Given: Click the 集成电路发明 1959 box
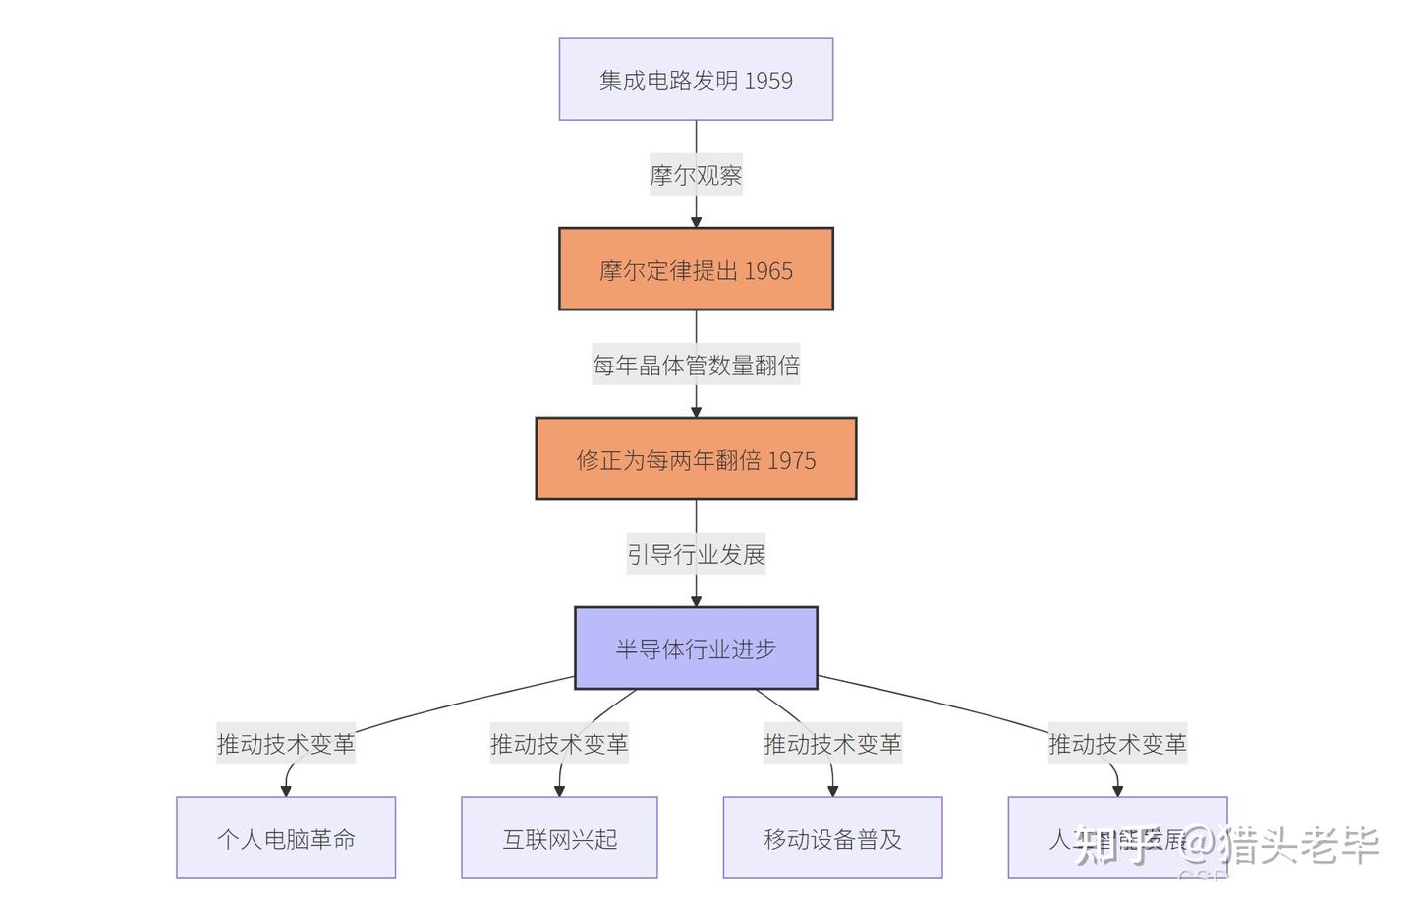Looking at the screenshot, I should pyautogui.click(x=696, y=80).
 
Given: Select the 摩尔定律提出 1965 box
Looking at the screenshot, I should pyautogui.click(x=696, y=269).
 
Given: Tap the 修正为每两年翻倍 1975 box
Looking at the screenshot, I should pyautogui.click(x=696, y=459).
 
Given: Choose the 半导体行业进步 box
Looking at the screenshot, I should pyautogui.click(x=696, y=649).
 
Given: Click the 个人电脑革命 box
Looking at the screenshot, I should pyautogui.click(x=286, y=838).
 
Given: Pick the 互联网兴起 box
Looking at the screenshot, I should pyautogui.click(x=559, y=838).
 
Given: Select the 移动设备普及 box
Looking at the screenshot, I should pyautogui.click(x=832, y=838).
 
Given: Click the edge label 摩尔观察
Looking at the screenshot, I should pyautogui.click(x=696, y=175).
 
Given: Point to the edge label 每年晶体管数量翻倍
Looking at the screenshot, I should pyautogui.click(x=696, y=365).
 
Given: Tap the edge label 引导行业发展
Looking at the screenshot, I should pyautogui.click(x=696, y=554).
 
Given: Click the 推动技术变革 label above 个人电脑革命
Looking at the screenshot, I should pyautogui.click(x=286, y=744).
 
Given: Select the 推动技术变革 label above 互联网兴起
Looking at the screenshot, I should pyautogui.click(x=559, y=744).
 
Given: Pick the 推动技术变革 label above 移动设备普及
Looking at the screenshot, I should pyautogui.click(x=832, y=744).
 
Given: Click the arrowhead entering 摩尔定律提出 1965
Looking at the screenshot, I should pyautogui.click(x=696, y=221).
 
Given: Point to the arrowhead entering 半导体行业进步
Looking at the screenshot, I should pyautogui.click(x=696, y=600).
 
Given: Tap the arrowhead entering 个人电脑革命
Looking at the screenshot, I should pyautogui.click(x=286, y=790).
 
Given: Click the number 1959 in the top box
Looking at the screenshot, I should pyautogui.click(x=768, y=81).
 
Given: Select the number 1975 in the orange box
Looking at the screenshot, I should pyautogui.click(x=792, y=460).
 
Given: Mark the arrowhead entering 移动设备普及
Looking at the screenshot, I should pyautogui.click(x=832, y=790).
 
